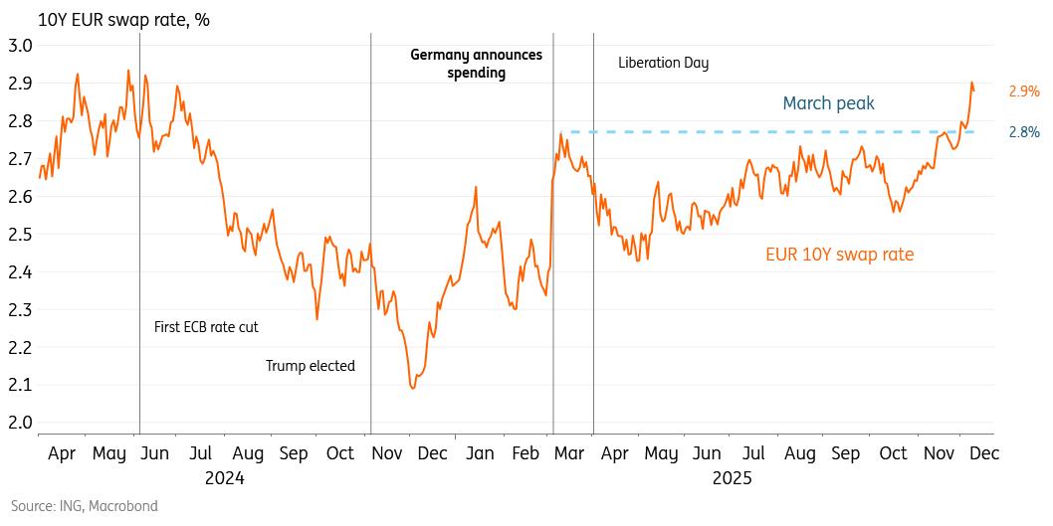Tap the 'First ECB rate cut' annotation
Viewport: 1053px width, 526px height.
coord(206,326)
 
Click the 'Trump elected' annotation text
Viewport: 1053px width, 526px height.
coord(310,366)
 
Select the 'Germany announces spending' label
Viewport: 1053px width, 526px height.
coord(477,64)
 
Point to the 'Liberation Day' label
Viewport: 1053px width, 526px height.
coord(663,63)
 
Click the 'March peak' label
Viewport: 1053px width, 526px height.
coord(828,103)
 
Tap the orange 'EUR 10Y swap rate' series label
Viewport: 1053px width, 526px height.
coord(839,255)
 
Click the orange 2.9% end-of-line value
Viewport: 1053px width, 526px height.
coord(1024,91)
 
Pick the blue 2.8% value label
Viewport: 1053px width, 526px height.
coord(1024,131)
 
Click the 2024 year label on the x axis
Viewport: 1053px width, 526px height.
coord(225,477)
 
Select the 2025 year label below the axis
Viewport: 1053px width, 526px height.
coord(732,477)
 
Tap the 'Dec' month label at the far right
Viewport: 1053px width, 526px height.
coord(983,453)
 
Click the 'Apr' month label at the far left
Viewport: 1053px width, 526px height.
coord(62,453)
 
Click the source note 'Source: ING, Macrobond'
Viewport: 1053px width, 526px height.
coord(85,506)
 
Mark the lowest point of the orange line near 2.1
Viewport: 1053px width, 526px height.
coord(412,388)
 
